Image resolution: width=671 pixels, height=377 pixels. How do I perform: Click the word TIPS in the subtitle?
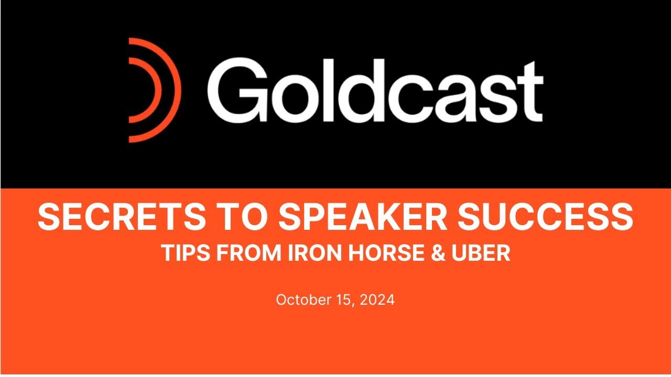181,253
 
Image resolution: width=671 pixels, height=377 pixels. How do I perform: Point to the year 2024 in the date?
376,300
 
